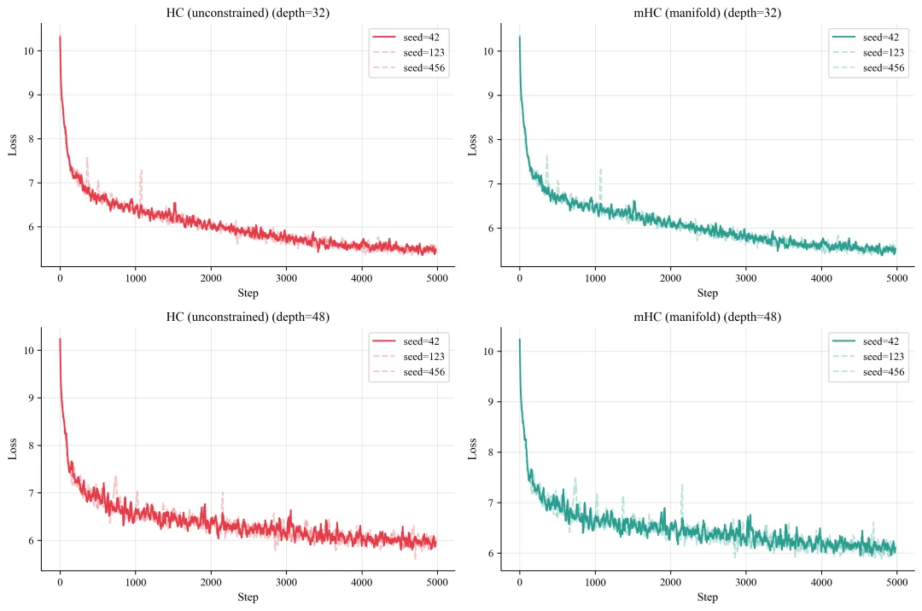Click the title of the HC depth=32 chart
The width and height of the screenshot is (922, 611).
pyautogui.click(x=248, y=13)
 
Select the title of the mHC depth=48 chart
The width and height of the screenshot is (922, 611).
pyautogui.click(x=708, y=317)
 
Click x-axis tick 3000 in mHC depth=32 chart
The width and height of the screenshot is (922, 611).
pyautogui.click(x=746, y=278)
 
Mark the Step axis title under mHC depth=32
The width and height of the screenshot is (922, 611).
pyautogui.click(x=708, y=294)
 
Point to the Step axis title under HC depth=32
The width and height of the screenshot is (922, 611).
pyautogui.click(x=248, y=294)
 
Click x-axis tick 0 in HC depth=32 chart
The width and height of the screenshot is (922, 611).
pyautogui.click(x=60, y=278)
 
